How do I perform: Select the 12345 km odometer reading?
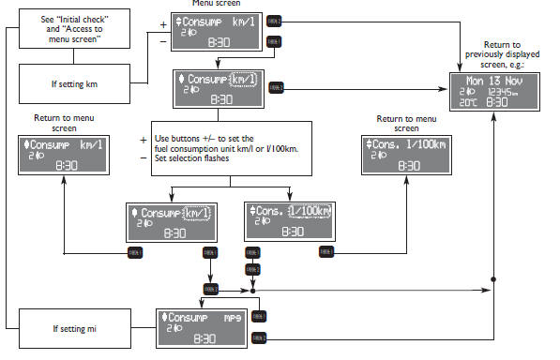coord(507,91)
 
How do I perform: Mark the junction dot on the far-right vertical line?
coord(493,279)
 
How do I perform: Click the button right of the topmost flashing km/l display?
coord(276,86)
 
